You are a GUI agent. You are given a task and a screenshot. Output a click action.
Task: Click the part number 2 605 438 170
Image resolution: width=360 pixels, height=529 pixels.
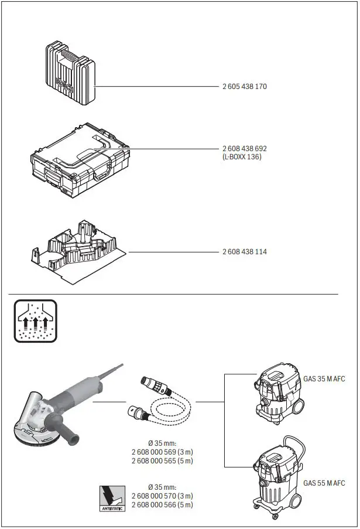pyautogui.click(x=244, y=87)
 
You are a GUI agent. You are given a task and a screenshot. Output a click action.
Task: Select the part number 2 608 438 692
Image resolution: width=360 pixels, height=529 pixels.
pyautogui.click(x=244, y=149)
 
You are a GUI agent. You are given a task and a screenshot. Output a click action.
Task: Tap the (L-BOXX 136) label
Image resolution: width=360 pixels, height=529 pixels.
pyautogui.click(x=242, y=157)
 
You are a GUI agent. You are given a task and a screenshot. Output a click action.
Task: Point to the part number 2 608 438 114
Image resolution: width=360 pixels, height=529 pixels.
pyautogui.click(x=244, y=251)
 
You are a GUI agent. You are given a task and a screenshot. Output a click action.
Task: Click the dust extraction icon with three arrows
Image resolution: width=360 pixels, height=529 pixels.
pyautogui.click(x=34, y=320)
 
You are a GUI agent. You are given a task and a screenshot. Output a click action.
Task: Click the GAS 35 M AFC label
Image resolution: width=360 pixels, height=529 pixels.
pyautogui.click(x=324, y=379)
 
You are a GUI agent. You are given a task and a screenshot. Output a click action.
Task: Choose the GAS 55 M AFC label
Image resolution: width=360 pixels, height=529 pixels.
pyautogui.click(x=324, y=483)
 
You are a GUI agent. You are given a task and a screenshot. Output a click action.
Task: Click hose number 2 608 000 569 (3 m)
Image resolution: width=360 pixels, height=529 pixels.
pyautogui.click(x=162, y=452)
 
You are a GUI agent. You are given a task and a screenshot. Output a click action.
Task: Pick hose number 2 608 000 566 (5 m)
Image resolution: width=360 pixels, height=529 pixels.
pyautogui.click(x=162, y=505)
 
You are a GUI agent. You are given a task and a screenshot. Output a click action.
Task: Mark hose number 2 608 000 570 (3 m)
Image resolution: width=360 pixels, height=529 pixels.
pyautogui.click(x=162, y=496)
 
